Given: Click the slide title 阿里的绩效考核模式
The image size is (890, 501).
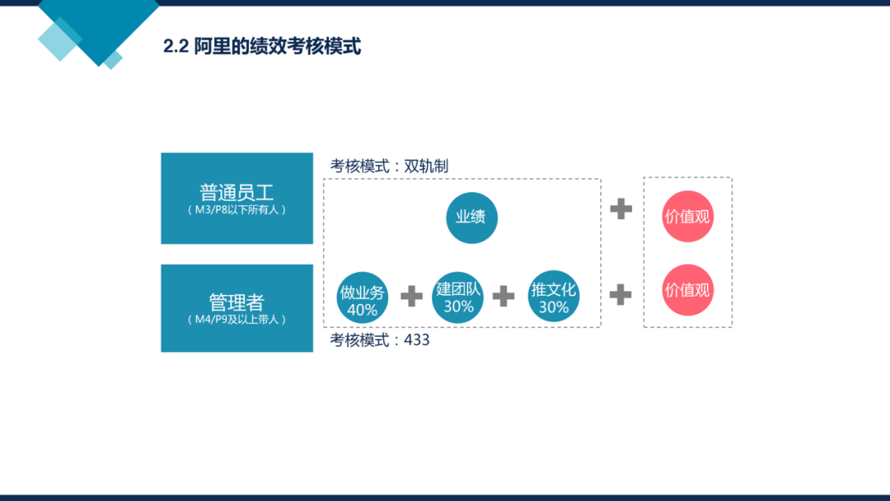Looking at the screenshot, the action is coord(278,46).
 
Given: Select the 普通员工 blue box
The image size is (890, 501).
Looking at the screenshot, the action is coord(237,198).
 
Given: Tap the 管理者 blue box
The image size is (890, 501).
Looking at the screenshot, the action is coord(237,308).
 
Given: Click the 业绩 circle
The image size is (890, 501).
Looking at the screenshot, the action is coord(471,218).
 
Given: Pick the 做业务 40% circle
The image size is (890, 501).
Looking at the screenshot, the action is coord(362,297).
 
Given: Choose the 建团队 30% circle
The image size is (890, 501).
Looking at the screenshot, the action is coord(457,297).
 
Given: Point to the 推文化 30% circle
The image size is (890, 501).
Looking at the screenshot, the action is coord(554,296).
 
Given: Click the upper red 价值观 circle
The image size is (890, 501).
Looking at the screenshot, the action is coord(687,216).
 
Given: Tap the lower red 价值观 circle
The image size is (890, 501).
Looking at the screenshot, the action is coord(687,290).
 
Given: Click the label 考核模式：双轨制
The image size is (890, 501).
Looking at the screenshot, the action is coord(389,166).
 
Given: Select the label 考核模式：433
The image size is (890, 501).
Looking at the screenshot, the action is coord(380,339).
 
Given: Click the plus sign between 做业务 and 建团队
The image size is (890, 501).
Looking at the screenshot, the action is coord(411,296).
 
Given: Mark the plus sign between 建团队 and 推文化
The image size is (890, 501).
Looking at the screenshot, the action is coord(504,296).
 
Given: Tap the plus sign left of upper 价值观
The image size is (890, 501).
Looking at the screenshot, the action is coord(621,208).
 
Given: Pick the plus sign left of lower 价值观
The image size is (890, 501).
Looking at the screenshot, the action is coord(621,294).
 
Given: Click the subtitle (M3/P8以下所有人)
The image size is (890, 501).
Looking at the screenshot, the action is coord(237,210).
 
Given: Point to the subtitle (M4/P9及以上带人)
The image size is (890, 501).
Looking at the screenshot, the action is coord(237,320).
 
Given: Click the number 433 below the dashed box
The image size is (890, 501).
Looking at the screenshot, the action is coord(417,339).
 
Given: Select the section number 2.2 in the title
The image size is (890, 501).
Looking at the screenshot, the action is coord(176,46).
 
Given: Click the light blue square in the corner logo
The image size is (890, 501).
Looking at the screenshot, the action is coord(59,40).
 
